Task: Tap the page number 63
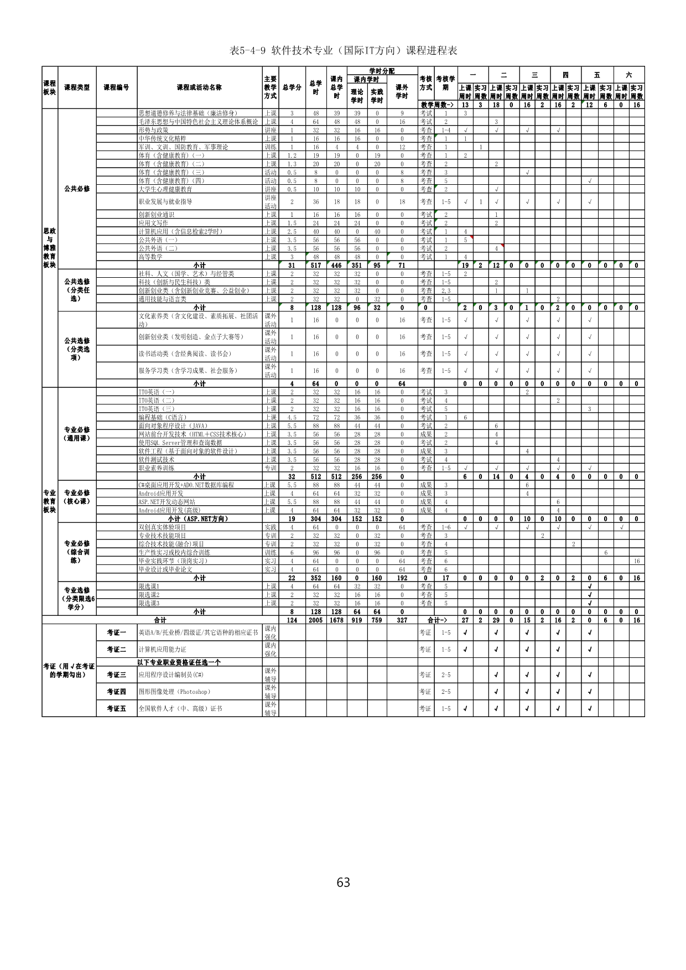343,881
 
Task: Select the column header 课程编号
117,87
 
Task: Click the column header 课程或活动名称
199,87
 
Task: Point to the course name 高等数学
150,257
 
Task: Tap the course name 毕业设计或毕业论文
165,569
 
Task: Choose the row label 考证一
117,632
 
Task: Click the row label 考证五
117,708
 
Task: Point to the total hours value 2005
315,620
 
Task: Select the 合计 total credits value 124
292,620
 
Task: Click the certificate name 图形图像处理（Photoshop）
174,692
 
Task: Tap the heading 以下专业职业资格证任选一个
179,662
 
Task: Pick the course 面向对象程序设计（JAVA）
173,426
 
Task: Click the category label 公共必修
77,189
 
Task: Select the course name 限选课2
149,595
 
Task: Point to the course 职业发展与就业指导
165,202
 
